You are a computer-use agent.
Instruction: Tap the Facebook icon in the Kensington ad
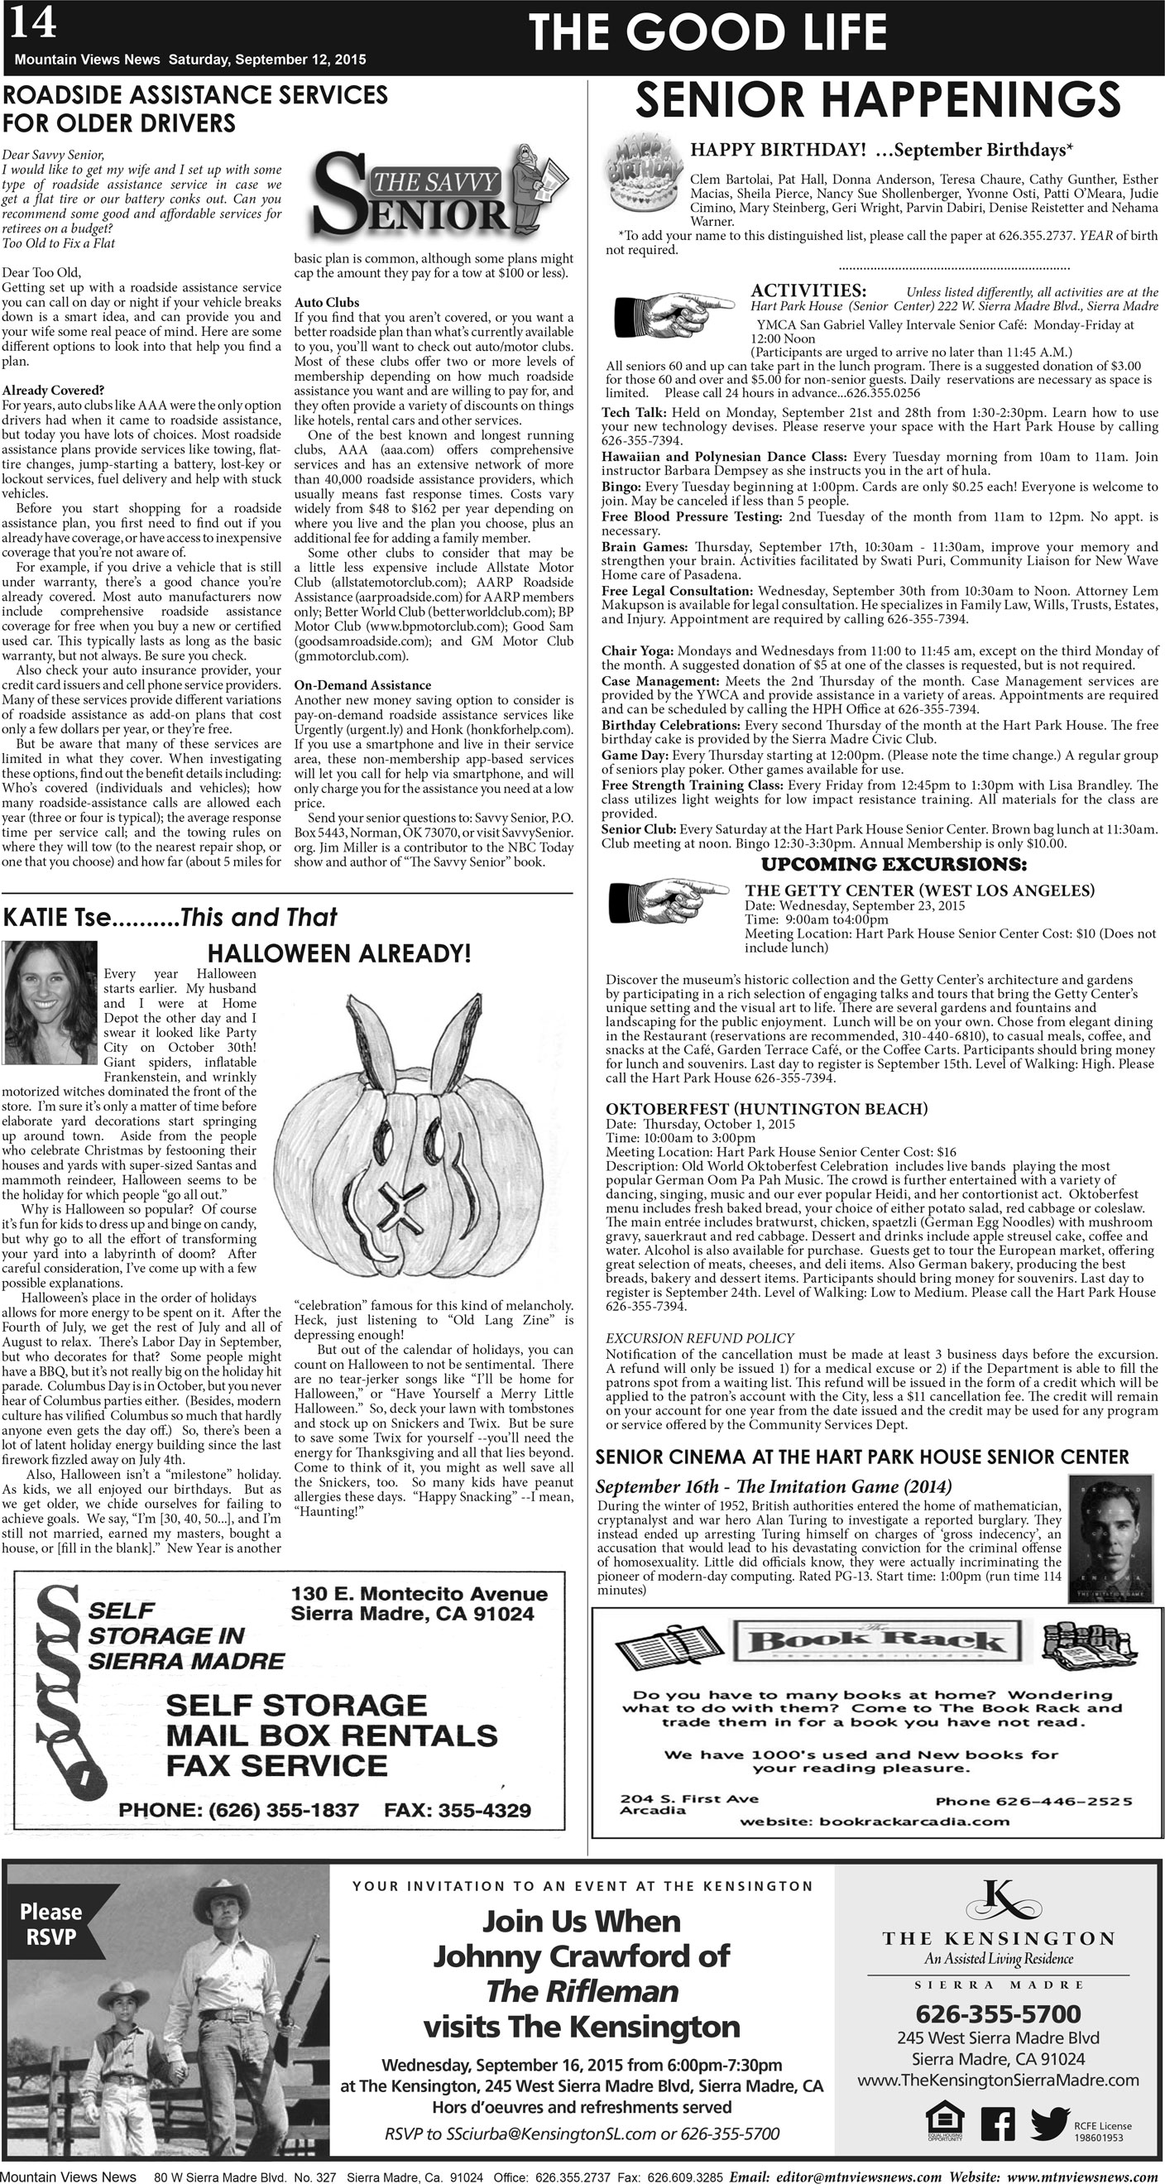tap(997, 2124)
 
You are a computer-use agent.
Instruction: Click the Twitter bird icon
tap(1050, 2122)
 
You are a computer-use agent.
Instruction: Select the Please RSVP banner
tap(50, 1923)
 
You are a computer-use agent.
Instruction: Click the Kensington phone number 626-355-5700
tap(998, 2014)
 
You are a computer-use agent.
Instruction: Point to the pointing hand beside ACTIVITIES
tap(672, 313)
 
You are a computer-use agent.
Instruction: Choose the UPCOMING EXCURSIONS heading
tap(894, 865)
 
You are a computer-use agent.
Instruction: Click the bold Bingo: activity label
tap(621, 487)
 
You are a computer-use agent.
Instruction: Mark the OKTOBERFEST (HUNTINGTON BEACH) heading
tap(766, 1109)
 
